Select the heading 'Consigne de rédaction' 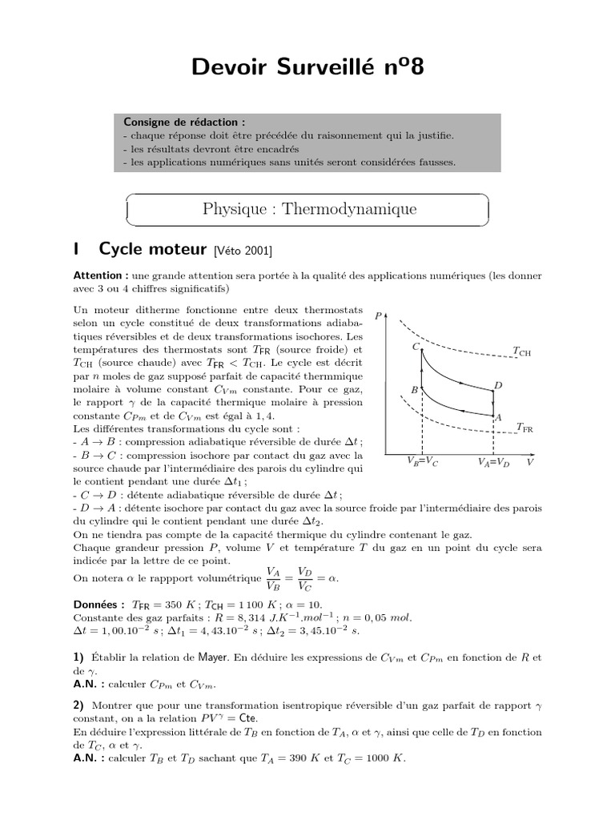184,122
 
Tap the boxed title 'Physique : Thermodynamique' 309,210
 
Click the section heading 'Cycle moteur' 153,250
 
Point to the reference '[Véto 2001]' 243,251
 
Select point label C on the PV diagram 416,347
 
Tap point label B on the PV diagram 414,390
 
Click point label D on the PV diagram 498,386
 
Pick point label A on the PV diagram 498,417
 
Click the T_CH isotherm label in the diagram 521,351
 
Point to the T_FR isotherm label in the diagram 525,428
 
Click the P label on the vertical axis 378,317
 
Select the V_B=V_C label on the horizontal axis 422,462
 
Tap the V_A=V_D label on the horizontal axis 493,462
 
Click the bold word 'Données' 98,605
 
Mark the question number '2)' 78,705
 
